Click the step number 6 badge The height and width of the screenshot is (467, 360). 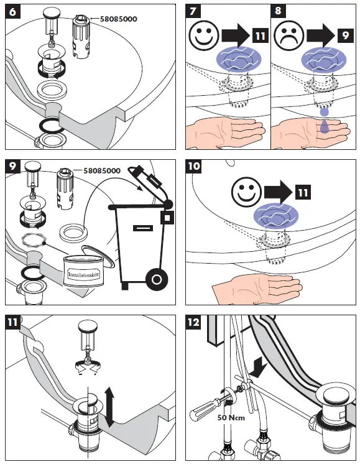(x=12, y=12)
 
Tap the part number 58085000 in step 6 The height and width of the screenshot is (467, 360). (x=119, y=19)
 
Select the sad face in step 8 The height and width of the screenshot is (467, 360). (x=288, y=35)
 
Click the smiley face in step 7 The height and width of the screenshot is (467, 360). (x=204, y=35)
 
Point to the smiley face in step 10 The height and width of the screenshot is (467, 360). (x=246, y=192)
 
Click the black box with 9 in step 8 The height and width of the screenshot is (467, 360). (x=346, y=35)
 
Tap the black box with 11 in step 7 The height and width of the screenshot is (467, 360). (x=261, y=36)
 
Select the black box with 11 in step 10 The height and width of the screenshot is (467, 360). (x=303, y=192)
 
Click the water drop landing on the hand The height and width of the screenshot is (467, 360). (x=325, y=126)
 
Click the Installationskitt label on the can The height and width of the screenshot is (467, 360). (x=83, y=274)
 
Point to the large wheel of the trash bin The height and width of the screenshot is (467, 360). (x=157, y=279)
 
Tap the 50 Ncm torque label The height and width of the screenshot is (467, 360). (x=231, y=417)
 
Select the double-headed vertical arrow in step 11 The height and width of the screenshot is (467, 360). (x=109, y=407)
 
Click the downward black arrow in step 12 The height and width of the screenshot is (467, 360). (x=257, y=367)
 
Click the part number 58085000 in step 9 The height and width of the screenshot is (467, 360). (x=102, y=171)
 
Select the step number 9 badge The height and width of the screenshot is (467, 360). (x=12, y=166)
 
